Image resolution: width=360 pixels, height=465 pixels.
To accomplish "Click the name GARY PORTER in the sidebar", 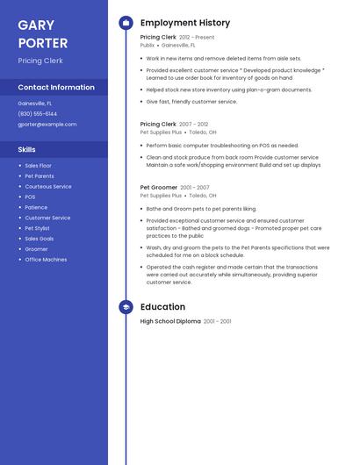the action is pyautogui.click(x=42, y=34).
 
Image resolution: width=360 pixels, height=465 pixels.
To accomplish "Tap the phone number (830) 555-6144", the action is pyautogui.click(x=38, y=113).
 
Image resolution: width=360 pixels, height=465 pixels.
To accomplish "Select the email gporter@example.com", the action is pyautogui.click(x=47, y=124).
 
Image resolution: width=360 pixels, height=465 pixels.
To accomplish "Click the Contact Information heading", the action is pyautogui.click(x=56, y=87).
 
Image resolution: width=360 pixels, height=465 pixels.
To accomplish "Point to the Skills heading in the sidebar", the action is pyautogui.click(x=27, y=149).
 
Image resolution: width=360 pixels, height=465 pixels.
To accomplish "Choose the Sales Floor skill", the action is pyautogui.click(x=39, y=166).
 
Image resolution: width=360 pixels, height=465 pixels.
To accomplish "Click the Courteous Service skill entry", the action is pyautogui.click(x=48, y=187).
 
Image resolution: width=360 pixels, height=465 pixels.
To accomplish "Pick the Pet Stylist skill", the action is pyautogui.click(x=38, y=228).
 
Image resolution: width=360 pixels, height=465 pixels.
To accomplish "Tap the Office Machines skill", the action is pyautogui.click(x=46, y=260).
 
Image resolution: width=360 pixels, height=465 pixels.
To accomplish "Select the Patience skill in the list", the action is pyautogui.click(x=37, y=208).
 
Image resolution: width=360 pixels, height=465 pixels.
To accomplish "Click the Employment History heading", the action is pyautogui.click(x=185, y=23).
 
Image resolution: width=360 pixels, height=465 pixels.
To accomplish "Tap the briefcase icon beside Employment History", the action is pyautogui.click(x=126, y=23).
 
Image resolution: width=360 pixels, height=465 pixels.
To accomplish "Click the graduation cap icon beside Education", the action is pyautogui.click(x=126, y=307).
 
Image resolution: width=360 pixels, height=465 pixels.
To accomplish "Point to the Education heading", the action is pyautogui.click(x=162, y=307).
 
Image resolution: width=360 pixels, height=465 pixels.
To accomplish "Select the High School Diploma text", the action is pyautogui.click(x=170, y=322).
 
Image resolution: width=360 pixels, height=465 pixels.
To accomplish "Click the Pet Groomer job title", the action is pyautogui.click(x=159, y=188).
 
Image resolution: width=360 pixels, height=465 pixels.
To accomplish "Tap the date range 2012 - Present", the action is pyautogui.click(x=197, y=38).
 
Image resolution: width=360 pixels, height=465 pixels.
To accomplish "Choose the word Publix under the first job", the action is pyautogui.click(x=148, y=45).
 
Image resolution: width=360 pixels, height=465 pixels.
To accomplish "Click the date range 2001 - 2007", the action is pyautogui.click(x=195, y=188).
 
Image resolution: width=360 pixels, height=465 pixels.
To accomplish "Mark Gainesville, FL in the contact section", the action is pyautogui.click(x=35, y=104).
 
